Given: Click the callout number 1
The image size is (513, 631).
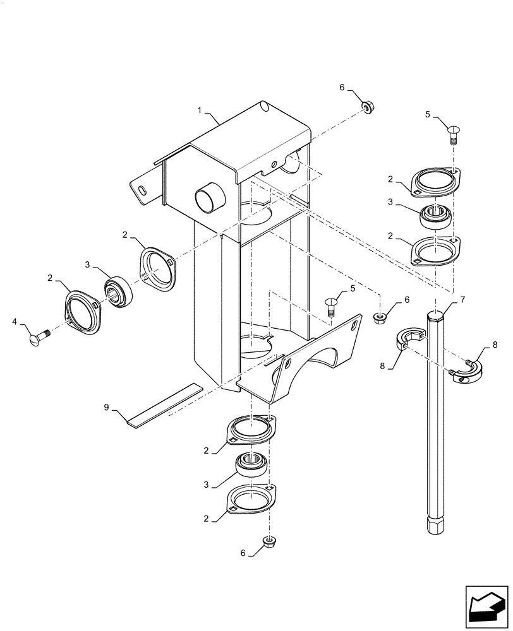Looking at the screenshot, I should point(199,110).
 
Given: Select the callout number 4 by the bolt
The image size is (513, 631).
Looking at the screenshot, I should point(15,322).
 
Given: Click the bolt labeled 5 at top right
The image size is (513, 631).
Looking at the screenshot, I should point(453,133).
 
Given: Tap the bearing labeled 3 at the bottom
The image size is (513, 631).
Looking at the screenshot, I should point(253,466).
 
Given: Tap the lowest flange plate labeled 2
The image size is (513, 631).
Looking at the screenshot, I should point(251,500).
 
